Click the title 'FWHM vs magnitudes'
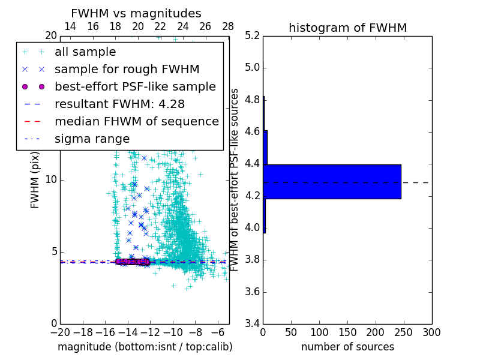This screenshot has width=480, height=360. [136, 13]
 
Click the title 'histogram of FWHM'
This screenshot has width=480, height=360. [347, 28]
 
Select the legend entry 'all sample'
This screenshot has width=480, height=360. [85, 52]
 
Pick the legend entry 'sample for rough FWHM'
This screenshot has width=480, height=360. [127, 70]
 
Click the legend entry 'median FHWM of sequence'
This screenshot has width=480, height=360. [136, 121]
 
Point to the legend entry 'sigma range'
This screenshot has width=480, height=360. [92, 139]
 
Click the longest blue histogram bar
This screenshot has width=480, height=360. [332, 181]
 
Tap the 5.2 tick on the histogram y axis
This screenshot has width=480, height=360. [253, 35]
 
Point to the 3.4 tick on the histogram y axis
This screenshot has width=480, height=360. [253, 323]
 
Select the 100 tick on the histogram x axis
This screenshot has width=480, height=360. [319, 332]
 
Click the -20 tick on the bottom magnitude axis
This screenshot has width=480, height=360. [60, 332]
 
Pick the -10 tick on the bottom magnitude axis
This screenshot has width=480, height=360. [173, 332]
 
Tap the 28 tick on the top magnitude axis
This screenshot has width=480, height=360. [228, 26]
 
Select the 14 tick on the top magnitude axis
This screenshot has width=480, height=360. [70, 26]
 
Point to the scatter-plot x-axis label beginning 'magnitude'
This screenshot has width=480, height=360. [145, 347]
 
